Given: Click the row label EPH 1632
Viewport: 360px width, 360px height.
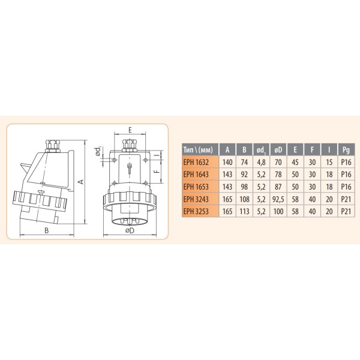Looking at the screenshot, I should click(196, 162).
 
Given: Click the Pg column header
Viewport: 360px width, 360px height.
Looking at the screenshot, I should click(346, 150).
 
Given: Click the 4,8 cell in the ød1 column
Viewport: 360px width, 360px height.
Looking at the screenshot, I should click(260, 162).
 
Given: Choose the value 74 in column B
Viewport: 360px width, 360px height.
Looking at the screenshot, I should click(244, 162).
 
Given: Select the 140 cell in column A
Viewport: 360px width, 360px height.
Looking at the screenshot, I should click(227, 162).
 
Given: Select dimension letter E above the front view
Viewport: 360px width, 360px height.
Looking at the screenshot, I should click(130, 128).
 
